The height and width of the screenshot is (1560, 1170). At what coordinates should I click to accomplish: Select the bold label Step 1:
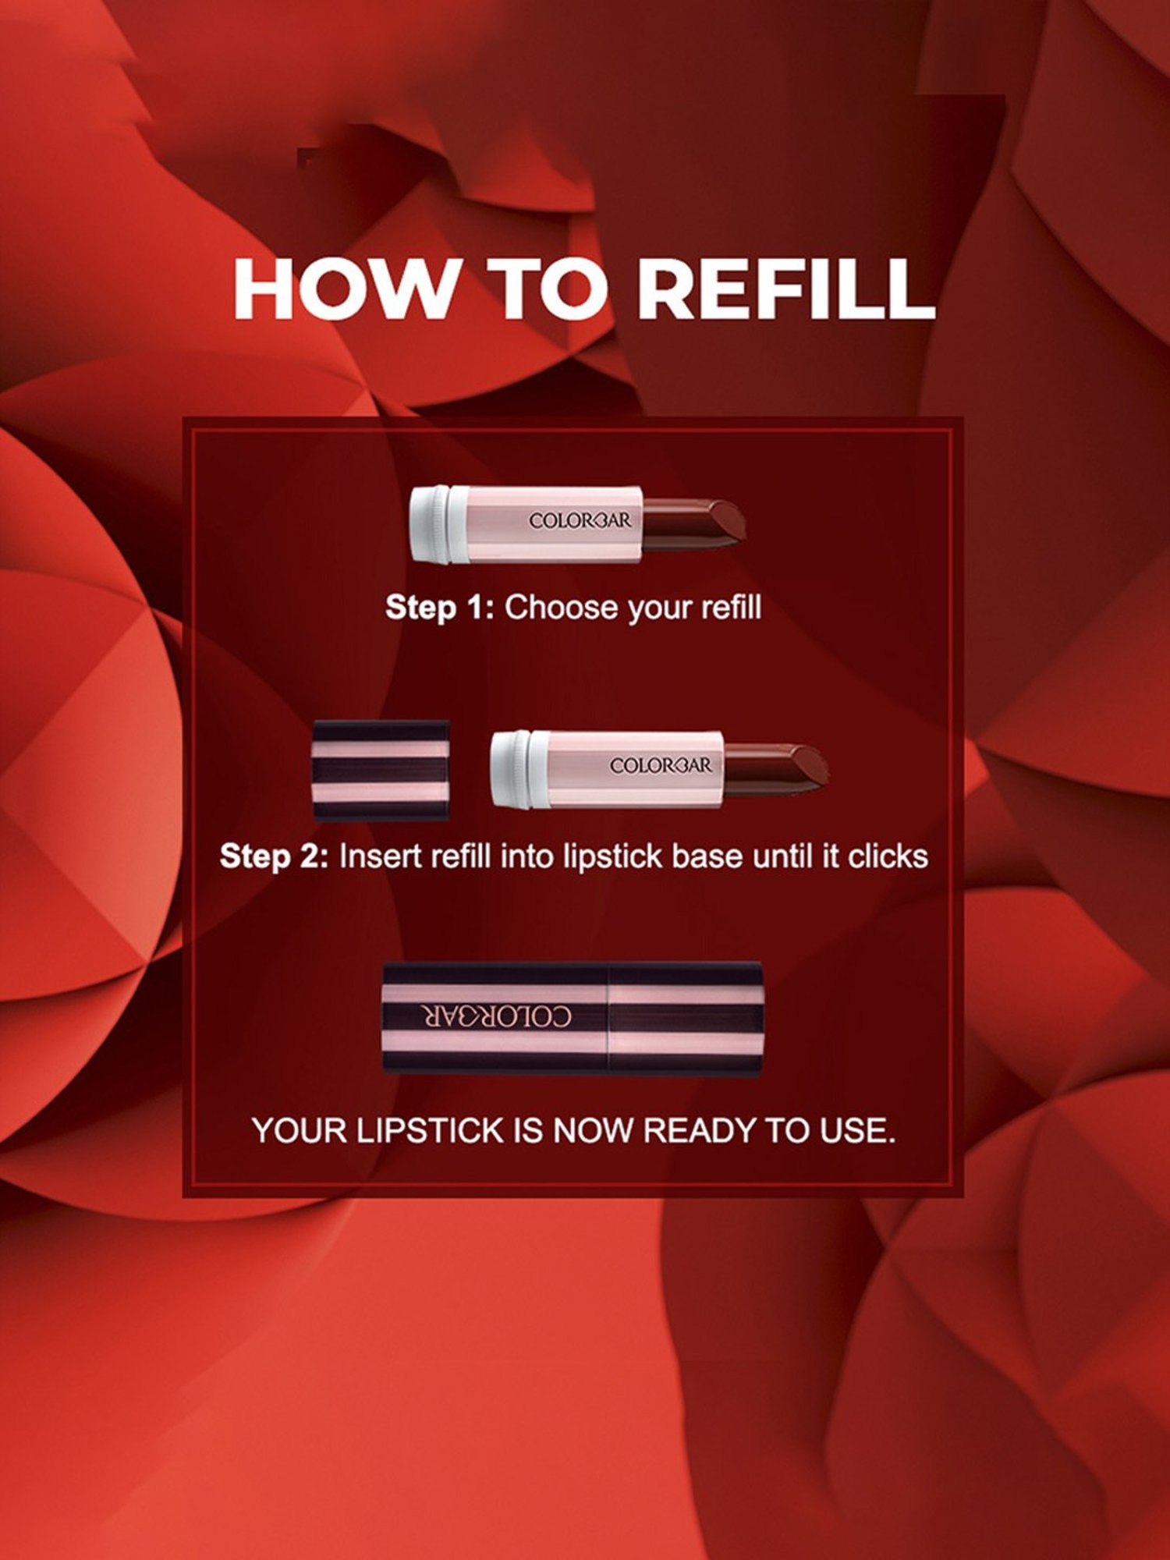point(440,608)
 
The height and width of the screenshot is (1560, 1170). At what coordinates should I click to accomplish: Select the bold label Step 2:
point(275,856)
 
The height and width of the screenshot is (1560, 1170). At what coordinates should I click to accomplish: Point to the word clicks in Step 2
point(888,856)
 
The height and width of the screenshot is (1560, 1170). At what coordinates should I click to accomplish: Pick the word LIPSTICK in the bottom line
point(430,1130)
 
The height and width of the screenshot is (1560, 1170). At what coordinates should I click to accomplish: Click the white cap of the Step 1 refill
point(431,523)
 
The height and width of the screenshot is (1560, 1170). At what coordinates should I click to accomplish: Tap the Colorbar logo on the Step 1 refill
point(580,520)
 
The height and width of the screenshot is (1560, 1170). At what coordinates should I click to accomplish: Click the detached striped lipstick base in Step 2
point(381,770)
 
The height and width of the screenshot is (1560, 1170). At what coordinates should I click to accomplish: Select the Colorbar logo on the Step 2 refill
point(661,765)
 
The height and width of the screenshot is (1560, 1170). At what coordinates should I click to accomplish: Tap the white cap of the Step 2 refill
point(512,769)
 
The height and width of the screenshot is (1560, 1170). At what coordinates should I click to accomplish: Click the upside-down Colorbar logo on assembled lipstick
point(497,1016)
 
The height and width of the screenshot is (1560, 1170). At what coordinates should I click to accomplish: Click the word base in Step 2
point(707,856)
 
